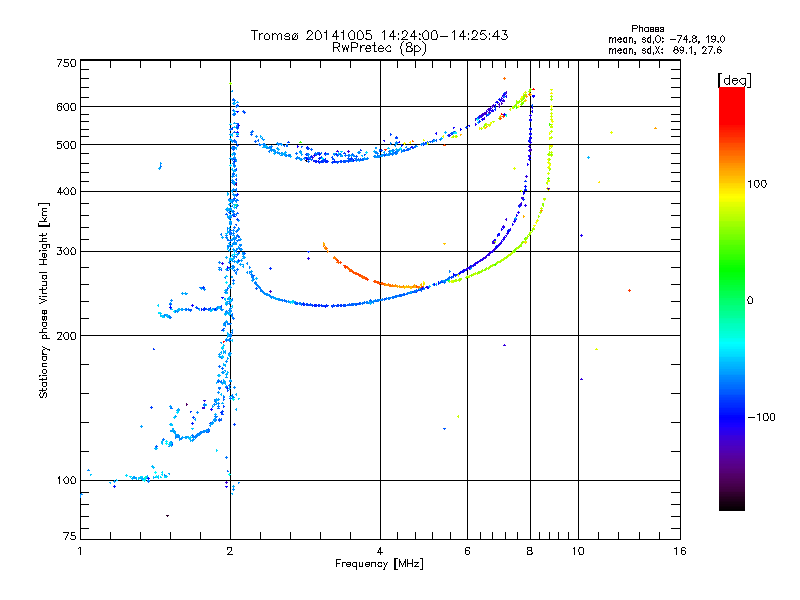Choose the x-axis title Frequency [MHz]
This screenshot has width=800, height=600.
tap(380, 564)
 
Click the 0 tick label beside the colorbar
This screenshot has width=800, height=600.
tap(751, 300)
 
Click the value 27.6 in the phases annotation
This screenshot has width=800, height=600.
tap(711, 49)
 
